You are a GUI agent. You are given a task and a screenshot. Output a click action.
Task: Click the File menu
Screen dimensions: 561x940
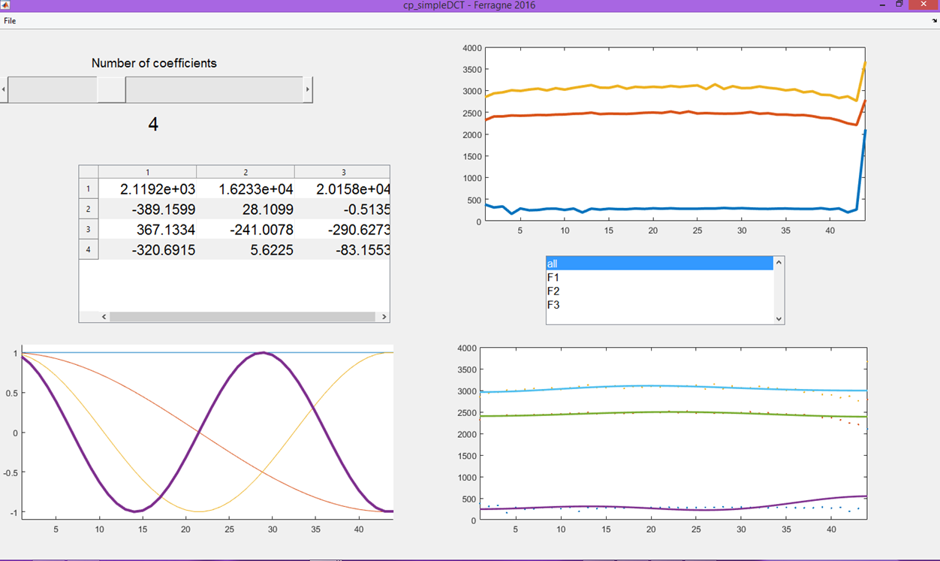coord(10,21)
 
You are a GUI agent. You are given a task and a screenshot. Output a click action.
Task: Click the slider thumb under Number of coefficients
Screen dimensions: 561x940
coord(111,90)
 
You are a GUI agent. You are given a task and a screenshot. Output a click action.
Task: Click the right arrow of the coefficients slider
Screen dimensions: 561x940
coord(308,90)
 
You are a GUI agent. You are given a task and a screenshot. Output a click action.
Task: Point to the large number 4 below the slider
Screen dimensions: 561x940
coord(153,125)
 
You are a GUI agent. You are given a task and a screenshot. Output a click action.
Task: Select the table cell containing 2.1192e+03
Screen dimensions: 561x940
coord(147,189)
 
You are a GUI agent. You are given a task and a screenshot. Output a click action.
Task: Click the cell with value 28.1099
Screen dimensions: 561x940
coord(246,210)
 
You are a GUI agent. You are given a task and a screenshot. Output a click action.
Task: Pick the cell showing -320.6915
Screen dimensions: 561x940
coord(147,250)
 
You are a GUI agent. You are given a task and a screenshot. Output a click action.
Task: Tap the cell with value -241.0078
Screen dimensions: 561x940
coord(246,230)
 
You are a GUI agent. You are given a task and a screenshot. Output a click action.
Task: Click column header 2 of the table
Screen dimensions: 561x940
coord(246,172)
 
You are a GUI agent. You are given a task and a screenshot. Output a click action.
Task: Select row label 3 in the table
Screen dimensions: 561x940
coord(88,230)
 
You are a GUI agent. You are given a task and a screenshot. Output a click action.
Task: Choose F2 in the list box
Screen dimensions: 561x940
coord(553,291)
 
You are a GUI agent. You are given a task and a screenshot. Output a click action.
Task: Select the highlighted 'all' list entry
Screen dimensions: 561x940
coord(659,264)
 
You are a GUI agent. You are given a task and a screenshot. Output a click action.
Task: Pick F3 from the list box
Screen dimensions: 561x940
coord(553,305)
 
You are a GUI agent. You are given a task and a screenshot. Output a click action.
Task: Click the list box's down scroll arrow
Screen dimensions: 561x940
coord(779,318)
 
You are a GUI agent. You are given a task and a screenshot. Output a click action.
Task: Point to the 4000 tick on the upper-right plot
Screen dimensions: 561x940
coord(472,48)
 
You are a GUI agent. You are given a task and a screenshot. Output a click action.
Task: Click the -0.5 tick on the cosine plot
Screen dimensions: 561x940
coord(10,473)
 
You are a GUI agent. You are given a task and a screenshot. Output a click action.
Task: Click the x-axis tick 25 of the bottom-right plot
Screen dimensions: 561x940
coord(696,529)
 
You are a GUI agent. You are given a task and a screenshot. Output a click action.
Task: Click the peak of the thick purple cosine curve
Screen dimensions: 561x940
coord(262,353)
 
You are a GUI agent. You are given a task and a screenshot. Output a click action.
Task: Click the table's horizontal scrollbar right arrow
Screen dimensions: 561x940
coord(384,317)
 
